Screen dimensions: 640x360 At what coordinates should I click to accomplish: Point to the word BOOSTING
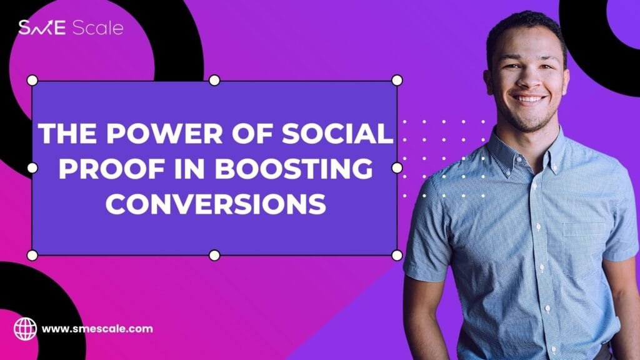pyautogui.click(x=294, y=168)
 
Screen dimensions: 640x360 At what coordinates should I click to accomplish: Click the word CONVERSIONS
pyautogui.click(x=216, y=204)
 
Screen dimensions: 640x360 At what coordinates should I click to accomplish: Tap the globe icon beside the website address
pyautogui.click(x=25, y=329)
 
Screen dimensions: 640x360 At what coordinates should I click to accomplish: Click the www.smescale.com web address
pyautogui.click(x=97, y=329)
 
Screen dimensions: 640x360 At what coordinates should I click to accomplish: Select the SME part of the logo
pyautogui.click(x=42, y=27)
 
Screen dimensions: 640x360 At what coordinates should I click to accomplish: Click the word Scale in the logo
pyautogui.click(x=97, y=27)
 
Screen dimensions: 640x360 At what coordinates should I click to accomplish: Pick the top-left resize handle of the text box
pyautogui.click(x=32, y=81)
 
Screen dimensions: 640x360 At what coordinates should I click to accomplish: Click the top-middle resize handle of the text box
pyautogui.click(x=214, y=81)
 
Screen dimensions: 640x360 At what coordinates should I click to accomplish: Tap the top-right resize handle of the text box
pyautogui.click(x=397, y=81)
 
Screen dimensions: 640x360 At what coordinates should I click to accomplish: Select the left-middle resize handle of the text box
pyautogui.click(x=32, y=167)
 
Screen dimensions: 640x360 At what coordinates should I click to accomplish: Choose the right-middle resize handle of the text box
pyautogui.click(x=397, y=167)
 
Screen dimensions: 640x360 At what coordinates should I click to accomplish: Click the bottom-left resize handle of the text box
pyautogui.click(x=32, y=256)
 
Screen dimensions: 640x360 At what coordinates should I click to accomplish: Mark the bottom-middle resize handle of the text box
pyautogui.click(x=214, y=256)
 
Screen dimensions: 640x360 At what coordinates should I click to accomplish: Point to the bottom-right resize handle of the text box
pyautogui.click(x=397, y=256)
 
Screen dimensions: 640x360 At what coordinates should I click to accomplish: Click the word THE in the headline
pyautogui.click(x=67, y=133)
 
